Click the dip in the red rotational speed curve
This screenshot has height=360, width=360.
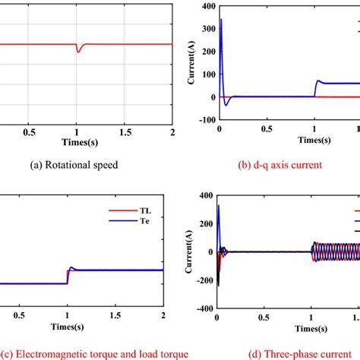(x=77, y=51)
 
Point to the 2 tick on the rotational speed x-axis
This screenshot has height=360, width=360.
(x=172, y=131)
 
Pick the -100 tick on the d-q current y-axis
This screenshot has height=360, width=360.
(x=202, y=120)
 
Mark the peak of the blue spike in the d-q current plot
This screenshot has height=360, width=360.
(x=221, y=19)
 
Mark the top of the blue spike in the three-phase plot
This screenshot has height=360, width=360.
(x=219, y=205)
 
